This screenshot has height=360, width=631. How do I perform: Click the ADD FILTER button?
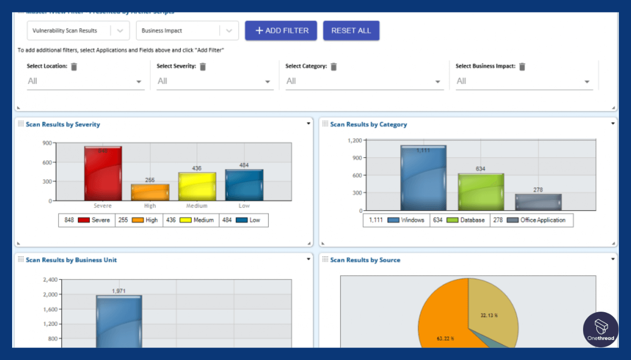tap(281, 30)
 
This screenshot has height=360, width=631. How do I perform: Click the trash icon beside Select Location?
tap(74, 67)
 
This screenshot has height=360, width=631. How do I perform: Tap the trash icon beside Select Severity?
tap(203, 67)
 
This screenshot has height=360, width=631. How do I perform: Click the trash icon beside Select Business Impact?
tap(522, 67)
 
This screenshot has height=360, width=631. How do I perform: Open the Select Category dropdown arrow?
tap(437, 82)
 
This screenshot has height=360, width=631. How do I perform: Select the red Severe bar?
tap(103, 173)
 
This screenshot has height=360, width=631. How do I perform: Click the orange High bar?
tap(150, 192)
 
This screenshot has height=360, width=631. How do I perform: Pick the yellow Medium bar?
tap(197, 187)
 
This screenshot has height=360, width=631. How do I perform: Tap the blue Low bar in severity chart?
tap(244, 185)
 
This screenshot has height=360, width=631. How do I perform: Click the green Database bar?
tap(481, 192)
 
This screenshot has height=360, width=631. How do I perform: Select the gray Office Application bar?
tap(538, 202)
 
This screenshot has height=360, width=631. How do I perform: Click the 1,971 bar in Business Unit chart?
tap(119, 321)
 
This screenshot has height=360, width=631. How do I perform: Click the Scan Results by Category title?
tap(368, 125)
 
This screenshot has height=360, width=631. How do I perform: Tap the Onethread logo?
tap(601, 329)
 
